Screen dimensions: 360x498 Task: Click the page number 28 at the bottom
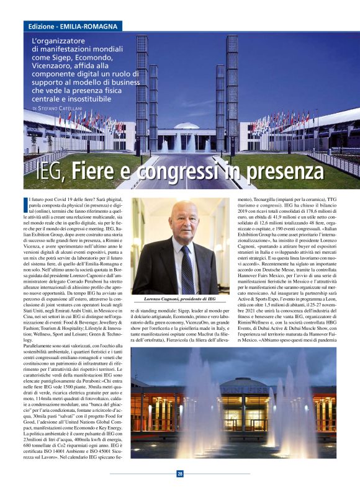(x=180, y=474)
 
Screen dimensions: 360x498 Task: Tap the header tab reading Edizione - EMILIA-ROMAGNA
(x=74, y=26)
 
